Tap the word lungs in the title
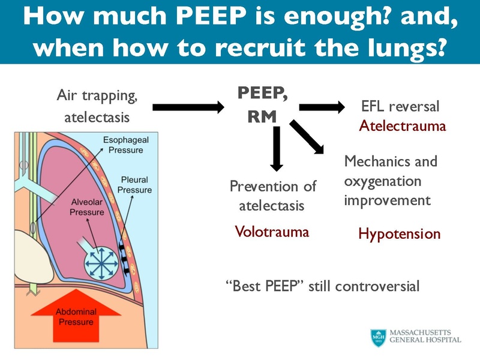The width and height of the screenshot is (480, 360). (x=404, y=48)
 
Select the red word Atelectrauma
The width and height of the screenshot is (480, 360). (x=402, y=126)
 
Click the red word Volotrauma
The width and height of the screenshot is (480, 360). (x=272, y=231)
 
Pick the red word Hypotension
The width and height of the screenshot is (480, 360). (x=399, y=233)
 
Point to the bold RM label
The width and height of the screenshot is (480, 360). (x=262, y=117)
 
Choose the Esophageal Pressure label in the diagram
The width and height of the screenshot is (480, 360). (x=125, y=145)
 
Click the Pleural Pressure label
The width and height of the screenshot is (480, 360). (x=134, y=184)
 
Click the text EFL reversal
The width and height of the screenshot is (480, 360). (x=400, y=107)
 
